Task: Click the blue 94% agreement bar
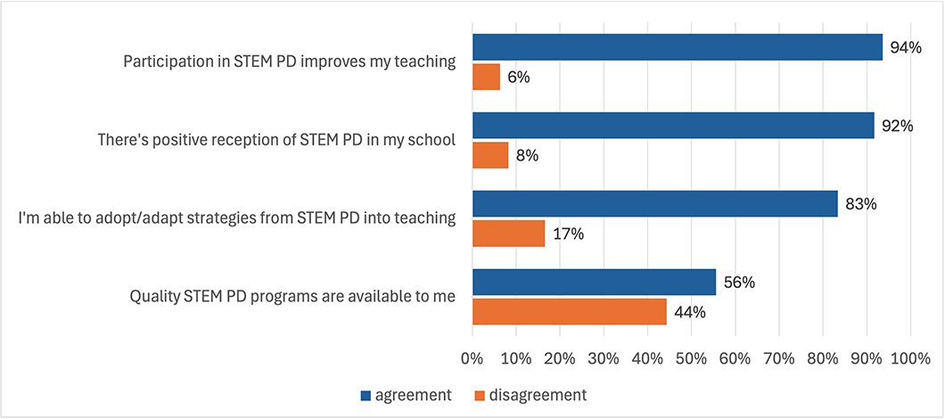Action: (677, 47)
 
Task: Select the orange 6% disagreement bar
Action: (486, 78)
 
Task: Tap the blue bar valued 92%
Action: (673, 126)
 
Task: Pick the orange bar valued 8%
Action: (490, 156)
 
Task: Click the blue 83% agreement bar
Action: (654, 203)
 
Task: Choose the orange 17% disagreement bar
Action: (508, 234)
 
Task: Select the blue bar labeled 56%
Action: (594, 282)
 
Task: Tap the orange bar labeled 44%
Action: (569, 312)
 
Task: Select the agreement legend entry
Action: (411, 394)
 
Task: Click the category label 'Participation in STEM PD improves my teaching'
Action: (290, 62)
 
